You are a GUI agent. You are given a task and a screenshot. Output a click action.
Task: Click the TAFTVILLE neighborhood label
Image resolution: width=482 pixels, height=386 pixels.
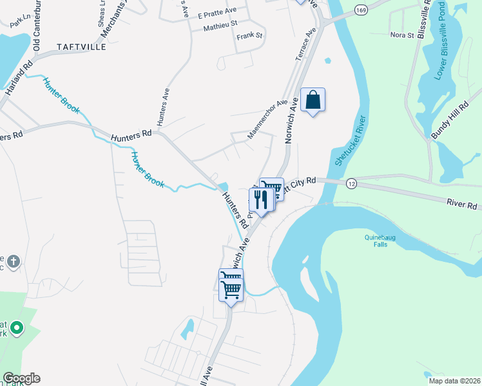point(81,46)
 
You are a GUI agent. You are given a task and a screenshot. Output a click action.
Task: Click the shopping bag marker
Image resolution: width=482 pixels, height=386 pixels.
point(313,100)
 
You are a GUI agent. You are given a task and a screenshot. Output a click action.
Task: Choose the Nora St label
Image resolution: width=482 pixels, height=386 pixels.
point(402,35)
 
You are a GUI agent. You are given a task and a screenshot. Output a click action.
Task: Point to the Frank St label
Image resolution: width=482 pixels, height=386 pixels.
point(250,35)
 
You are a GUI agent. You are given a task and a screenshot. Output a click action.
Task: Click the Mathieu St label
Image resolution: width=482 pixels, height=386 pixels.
point(220,26)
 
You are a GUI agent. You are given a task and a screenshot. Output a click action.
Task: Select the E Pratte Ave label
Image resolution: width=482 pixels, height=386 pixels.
point(218,12)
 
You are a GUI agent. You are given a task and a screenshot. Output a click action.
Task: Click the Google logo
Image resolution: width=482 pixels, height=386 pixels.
point(21,378)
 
